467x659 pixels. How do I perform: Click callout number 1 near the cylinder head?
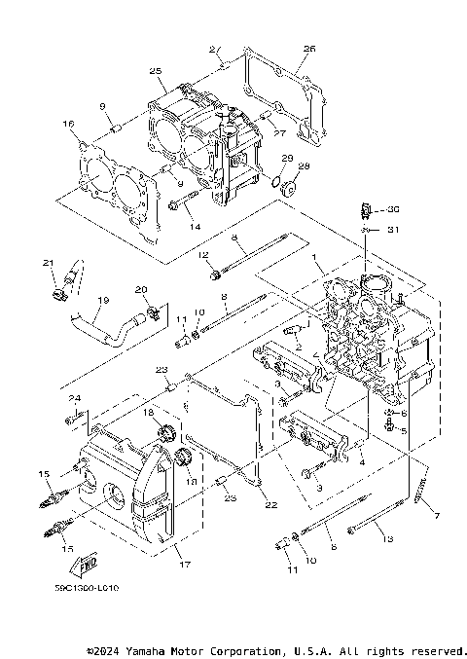(315, 256)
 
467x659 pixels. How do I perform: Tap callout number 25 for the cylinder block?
(155, 71)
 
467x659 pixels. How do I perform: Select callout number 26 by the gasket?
(309, 48)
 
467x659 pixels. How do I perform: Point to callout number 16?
(68, 124)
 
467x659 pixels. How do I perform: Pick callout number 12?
(204, 255)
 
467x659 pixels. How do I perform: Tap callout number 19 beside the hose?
(103, 300)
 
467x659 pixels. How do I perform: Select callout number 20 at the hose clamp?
(140, 289)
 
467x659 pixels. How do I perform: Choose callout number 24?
(73, 398)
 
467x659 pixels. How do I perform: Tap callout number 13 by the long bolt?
(386, 538)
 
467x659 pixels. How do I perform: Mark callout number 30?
(393, 209)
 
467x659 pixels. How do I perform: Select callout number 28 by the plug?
(304, 166)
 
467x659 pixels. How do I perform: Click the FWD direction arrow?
(89, 564)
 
